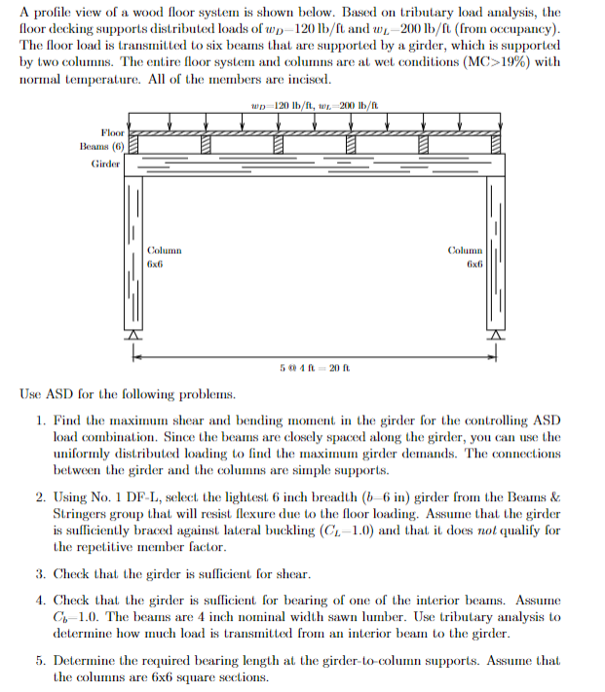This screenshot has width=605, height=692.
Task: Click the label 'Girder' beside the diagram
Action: coord(105,164)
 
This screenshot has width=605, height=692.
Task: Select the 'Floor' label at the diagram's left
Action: coord(112,131)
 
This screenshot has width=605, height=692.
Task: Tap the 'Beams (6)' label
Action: coord(100,145)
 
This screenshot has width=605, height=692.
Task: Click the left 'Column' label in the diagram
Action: coord(164,250)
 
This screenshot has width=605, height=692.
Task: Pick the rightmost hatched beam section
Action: coord(496,143)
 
